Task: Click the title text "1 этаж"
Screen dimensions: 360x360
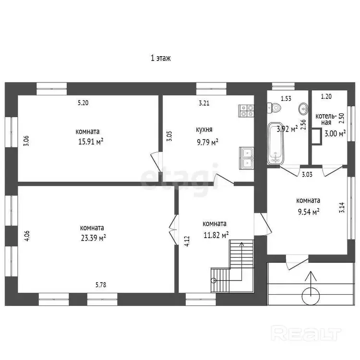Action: coord(161,58)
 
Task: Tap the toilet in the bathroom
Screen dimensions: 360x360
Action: coord(274,108)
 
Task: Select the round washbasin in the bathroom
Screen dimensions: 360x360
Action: coord(303,108)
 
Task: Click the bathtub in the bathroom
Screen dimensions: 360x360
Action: coord(276,144)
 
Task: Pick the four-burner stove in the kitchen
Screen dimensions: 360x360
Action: coord(246,111)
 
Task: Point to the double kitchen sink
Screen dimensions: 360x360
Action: coord(247,158)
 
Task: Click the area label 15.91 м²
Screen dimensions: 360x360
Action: coord(91,142)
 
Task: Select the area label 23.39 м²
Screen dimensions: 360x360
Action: coord(93,238)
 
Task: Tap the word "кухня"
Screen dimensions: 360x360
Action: coord(204,130)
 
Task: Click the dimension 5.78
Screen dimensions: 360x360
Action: coord(101,285)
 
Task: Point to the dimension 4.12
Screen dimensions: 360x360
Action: coord(187,241)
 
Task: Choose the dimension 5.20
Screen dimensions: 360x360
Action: coord(83,103)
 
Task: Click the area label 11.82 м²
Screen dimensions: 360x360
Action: coord(216,235)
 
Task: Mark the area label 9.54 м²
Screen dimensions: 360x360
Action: coord(309,212)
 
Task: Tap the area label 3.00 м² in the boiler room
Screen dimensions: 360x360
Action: coord(335,133)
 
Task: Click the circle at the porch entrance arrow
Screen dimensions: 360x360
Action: coord(311,296)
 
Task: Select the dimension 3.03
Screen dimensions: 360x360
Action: coord(307,175)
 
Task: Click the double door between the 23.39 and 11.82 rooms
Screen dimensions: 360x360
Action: coord(174,229)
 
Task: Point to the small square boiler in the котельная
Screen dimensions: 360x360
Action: coord(317,136)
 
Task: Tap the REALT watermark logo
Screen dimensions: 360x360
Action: coord(306,333)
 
